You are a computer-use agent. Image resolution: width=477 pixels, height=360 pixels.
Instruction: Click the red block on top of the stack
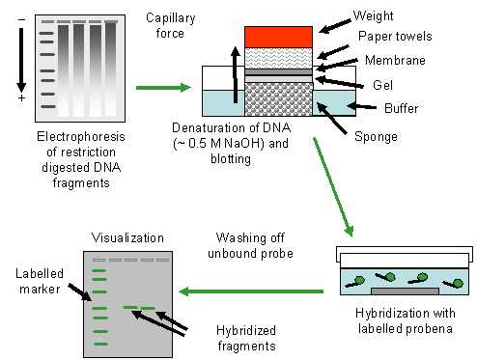click(278, 37)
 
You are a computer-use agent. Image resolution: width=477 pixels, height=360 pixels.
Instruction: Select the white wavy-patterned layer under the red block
click(278, 58)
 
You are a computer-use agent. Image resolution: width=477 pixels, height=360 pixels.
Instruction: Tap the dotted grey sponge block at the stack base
click(278, 99)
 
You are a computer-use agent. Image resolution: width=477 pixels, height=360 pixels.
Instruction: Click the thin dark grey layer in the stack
click(278, 72)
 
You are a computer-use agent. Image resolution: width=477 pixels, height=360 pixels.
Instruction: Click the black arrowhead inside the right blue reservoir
click(323, 108)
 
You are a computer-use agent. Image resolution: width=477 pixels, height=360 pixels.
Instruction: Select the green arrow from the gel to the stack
click(163, 88)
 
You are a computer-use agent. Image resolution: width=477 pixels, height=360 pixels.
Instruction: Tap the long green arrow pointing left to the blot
click(251, 291)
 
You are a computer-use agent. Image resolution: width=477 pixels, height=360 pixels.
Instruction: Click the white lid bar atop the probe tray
click(404, 261)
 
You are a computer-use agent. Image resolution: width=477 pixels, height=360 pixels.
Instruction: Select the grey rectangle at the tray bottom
click(404, 291)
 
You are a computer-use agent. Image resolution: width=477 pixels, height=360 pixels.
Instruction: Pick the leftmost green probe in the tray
click(355, 282)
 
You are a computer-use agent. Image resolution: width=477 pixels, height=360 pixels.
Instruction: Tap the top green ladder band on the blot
click(99, 271)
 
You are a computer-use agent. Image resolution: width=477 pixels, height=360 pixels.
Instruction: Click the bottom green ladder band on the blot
click(99, 344)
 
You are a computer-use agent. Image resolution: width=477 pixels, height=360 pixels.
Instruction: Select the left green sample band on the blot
click(130, 308)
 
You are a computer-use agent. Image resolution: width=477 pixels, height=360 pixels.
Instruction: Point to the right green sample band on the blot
click(148, 309)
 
